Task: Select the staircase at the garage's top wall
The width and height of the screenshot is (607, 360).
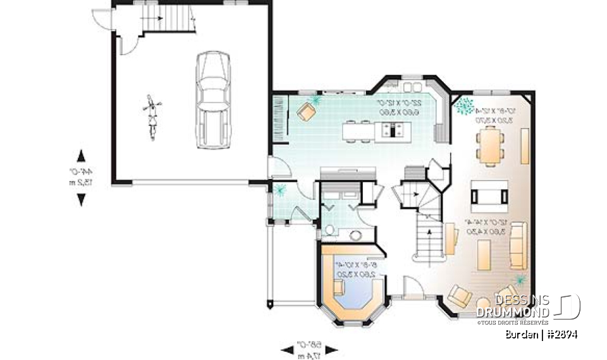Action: pos(167,19)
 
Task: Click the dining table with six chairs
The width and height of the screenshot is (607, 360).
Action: pos(489,145)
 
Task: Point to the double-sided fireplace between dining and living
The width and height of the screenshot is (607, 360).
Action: pos(489,193)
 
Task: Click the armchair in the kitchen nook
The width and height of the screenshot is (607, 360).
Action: pos(307,111)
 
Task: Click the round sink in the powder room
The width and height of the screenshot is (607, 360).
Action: pos(355,235)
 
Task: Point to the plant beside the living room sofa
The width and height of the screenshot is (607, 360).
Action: pos(520,278)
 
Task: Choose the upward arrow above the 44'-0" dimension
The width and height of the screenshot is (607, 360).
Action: pos(81,156)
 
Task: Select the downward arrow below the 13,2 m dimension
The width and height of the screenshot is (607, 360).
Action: pos(81,199)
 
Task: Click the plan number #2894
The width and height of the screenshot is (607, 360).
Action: pos(561,334)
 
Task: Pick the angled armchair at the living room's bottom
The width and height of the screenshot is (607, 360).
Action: pos(459,296)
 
